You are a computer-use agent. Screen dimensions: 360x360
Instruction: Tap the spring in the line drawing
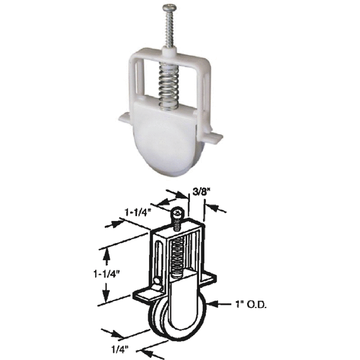[x=178, y=255]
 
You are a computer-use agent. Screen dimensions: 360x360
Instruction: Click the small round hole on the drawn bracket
[x=158, y=283]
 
